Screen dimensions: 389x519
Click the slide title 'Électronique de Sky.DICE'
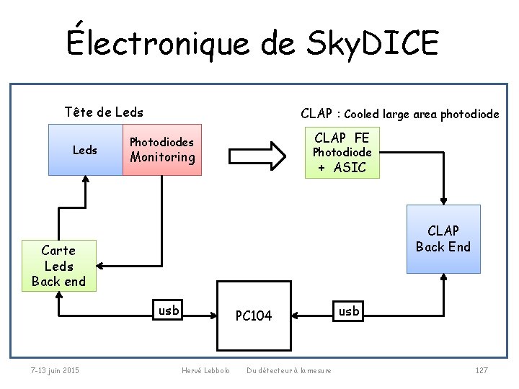[x=252, y=43]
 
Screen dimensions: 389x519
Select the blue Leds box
[x=85, y=150]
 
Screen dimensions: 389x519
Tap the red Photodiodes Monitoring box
[x=162, y=150]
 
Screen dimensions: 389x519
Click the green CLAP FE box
[x=342, y=153]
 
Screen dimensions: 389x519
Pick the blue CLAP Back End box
[x=443, y=239]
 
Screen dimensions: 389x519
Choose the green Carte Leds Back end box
[x=58, y=266]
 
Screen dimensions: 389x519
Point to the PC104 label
[x=254, y=316]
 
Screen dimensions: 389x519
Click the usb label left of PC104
[x=169, y=310]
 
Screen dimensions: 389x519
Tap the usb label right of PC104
[x=350, y=310]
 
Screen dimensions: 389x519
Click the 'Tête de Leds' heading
[x=103, y=112]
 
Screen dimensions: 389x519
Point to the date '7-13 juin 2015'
[x=55, y=370]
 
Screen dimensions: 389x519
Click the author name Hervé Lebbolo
[x=205, y=370]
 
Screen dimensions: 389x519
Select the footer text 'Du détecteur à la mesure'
[x=289, y=370]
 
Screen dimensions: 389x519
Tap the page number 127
[x=482, y=370]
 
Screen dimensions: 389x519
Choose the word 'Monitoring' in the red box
[x=162, y=157]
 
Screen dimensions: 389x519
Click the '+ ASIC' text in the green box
[x=342, y=168]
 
